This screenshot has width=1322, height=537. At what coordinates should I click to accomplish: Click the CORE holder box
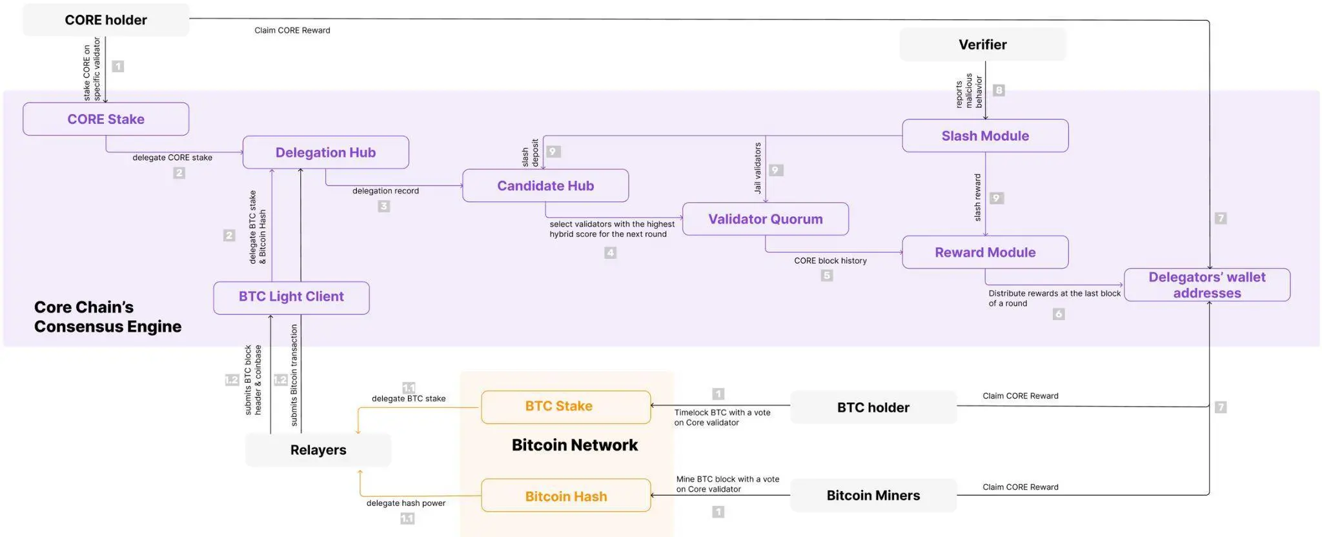106,20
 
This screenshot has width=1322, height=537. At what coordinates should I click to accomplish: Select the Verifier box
982,45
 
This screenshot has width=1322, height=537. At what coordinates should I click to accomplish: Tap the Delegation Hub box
325,152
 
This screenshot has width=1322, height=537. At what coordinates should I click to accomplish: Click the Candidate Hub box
545,186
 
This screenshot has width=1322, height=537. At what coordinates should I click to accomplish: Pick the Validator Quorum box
765,219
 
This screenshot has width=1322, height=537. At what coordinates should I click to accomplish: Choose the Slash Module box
985,136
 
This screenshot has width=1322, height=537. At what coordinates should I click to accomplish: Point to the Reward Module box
985,252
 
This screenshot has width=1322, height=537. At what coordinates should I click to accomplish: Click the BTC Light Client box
291,297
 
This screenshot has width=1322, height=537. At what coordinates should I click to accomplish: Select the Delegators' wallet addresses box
1206,285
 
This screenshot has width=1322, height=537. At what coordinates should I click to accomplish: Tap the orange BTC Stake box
565,407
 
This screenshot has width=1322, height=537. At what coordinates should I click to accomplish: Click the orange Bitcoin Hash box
565,496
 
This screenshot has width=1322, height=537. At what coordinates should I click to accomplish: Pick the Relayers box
318,450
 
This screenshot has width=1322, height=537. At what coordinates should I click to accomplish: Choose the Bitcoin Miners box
873,496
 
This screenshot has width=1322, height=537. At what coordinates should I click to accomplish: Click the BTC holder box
873,408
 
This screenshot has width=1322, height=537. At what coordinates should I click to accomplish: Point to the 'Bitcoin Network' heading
575,445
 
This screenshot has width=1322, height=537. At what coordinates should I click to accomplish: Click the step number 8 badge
999,90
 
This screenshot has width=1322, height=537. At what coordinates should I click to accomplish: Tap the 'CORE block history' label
830,261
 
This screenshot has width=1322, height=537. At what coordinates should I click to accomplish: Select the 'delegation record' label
385,191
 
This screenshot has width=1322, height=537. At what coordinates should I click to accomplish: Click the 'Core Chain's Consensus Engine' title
107,317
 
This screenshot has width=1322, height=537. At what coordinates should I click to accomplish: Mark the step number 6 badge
1059,314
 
